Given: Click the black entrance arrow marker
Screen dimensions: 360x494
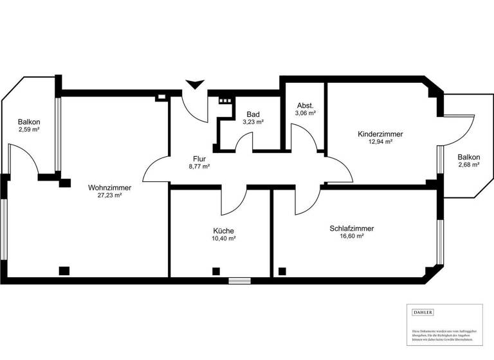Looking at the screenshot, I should (x=194, y=84).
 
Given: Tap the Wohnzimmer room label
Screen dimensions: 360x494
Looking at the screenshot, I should (x=109, y=188).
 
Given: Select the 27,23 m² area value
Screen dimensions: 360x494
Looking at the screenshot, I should (x=109, y=195).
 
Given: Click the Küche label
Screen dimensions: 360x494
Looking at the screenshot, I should (x=223, y=231).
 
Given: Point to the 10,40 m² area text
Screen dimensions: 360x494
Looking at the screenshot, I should (x=223, y=239).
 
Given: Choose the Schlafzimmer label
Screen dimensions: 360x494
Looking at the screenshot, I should (x=351, y=228).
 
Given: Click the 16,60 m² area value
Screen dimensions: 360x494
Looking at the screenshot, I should (x=352, y=236).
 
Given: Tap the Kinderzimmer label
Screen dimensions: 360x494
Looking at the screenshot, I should (x=380, y=134).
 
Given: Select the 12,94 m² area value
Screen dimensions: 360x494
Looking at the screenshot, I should (x=380, y=142).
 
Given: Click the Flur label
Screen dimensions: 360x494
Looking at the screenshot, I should (x=199, y=158).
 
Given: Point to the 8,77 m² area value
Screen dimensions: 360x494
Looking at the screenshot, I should (x=199, y=166).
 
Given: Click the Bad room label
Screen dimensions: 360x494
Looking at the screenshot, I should (x=253, y=114).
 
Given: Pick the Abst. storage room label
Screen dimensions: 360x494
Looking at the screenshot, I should (x=305, y=105).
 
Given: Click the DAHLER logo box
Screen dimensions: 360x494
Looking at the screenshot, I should (x=423, y=312).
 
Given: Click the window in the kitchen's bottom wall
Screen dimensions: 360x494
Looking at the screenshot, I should (x=239, y=280).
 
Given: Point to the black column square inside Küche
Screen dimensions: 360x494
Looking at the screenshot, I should (x=216, y=271).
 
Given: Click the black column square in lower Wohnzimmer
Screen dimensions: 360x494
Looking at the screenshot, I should (x=64, y=271).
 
